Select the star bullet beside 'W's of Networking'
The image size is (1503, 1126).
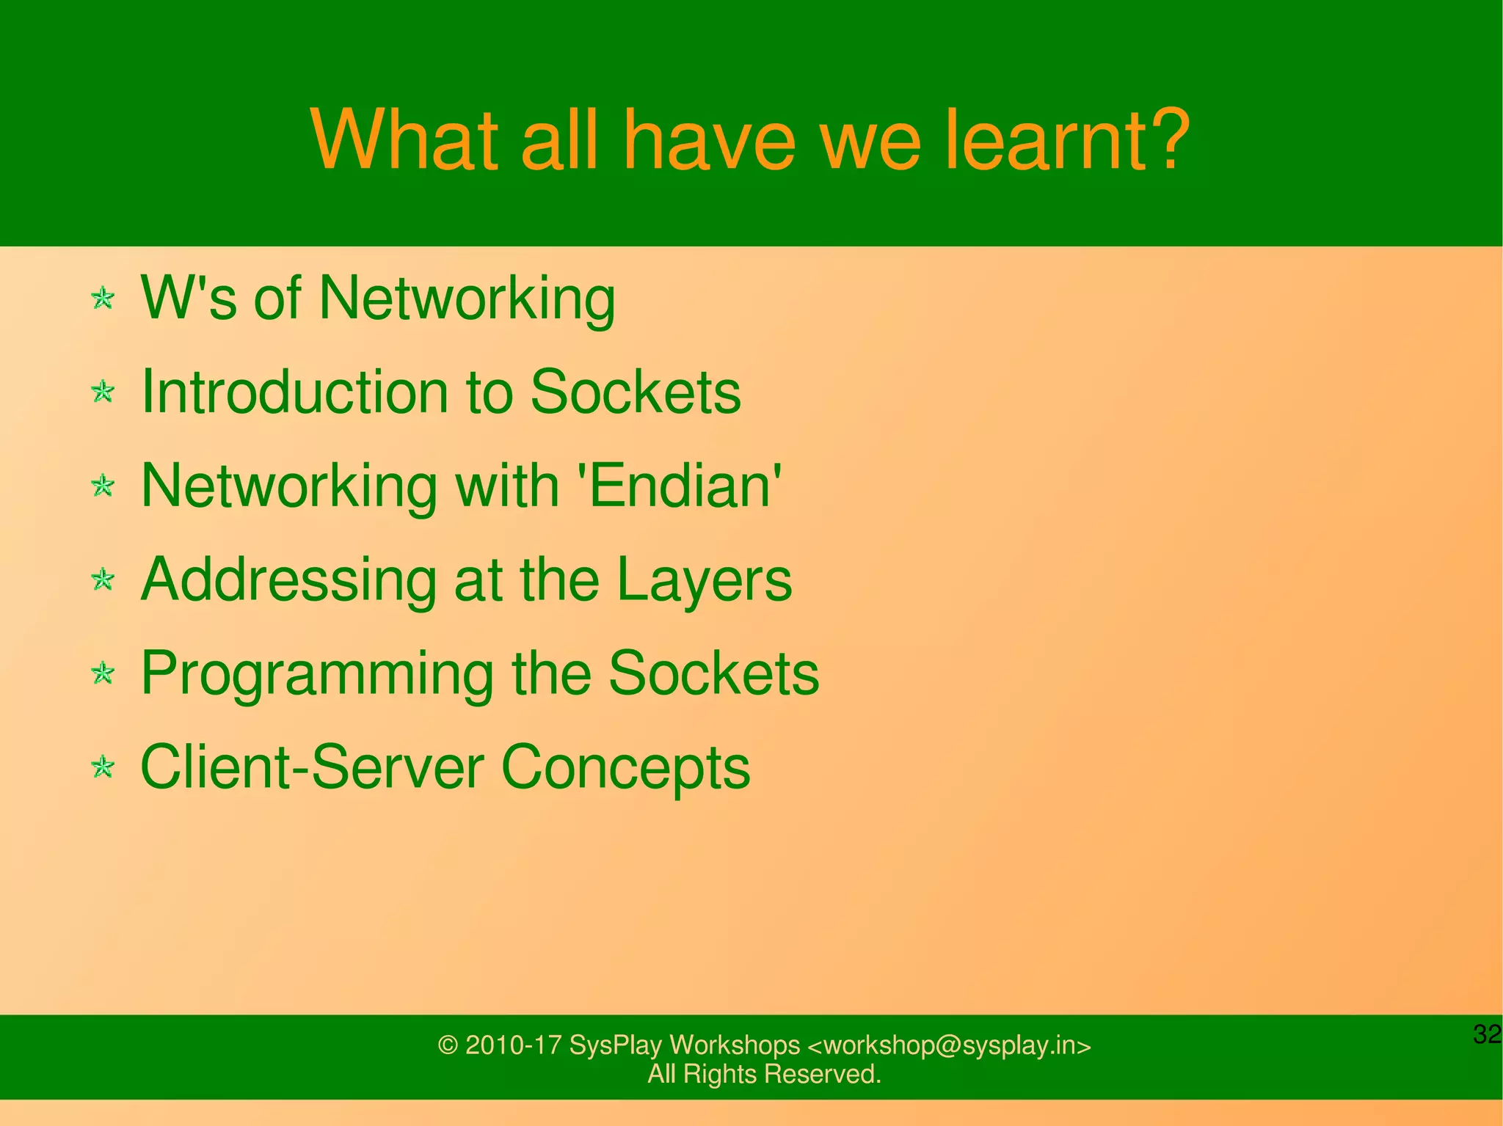pyautogui.click(x=103, y=299)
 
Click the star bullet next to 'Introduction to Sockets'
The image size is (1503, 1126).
pyautogui.click(x=103, y=392)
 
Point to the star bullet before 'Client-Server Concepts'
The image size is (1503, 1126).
pyautogui.click(x=103, y=767)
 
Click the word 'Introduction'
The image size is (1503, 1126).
pyautogui.click(x=294, y=392)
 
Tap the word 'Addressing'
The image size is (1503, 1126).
pyautogui.click(x=288, y=580)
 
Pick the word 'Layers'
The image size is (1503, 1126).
pyautogui.click(x=704, y=580)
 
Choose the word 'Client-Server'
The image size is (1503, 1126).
pyautogui.click(x=311, y=767)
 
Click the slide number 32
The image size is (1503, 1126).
pyautogui.click(x=1487, y=1034)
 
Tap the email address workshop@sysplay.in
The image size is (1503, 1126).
pyautogui.click(x=950, y=1045)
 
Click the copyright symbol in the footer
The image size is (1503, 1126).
pyautogui.click(x=448, y=1045)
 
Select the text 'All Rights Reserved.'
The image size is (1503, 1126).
pyautogui.click(x=764, y=1074)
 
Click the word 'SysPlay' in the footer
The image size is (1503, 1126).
pyautogui.click(x=616, y=1046)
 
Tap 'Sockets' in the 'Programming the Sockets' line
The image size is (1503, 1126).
pyautogui.click(x=713, y=673)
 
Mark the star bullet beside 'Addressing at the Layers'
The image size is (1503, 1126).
pyautogui.click(x=103, y=580)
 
